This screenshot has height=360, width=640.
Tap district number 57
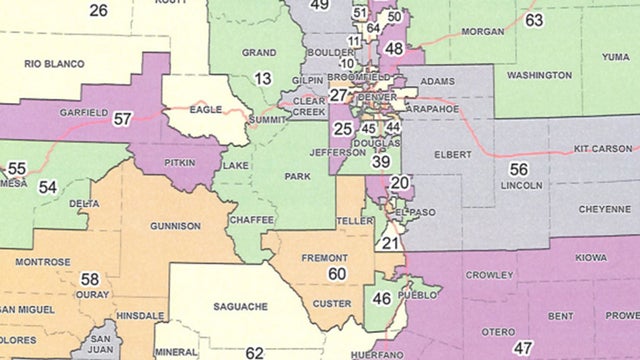point(123,119)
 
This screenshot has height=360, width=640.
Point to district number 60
point(337,273)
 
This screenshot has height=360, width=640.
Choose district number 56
point(519,169)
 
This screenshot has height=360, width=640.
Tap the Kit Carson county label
point(603,148)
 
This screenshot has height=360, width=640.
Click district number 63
point(533,20)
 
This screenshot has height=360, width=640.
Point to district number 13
point(262,78)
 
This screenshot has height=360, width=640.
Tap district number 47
point(522,348)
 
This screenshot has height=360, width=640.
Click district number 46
point(381,298)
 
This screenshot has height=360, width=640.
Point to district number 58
point(90,279)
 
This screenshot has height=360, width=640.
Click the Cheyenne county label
point(598,212)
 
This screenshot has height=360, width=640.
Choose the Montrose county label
point(43,262)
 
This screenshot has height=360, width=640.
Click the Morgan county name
point(484,32)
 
